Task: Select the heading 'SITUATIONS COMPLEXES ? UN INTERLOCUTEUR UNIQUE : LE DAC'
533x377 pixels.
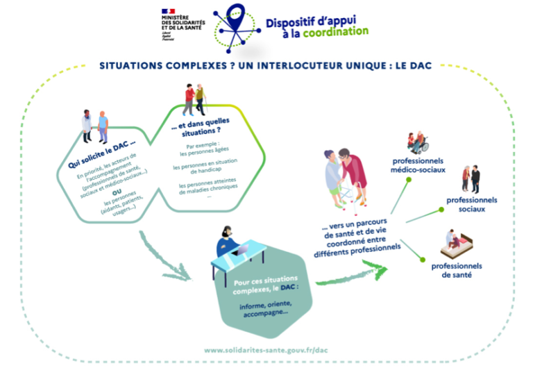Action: click(266, 66)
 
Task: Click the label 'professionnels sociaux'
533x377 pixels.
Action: click(471, 204)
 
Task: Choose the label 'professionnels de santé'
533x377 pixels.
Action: click(457, 270)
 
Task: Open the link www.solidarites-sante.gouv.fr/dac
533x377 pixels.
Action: click(266, 351)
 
